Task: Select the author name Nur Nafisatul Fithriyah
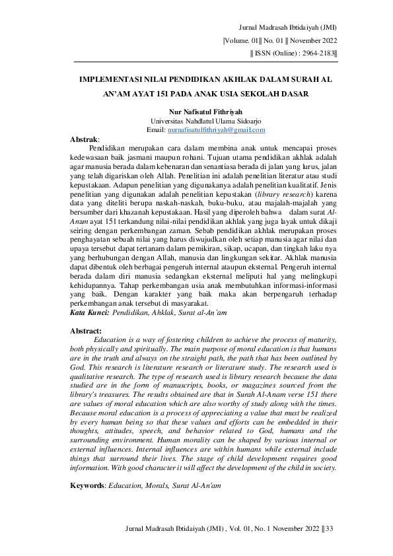click(x=196, y=114)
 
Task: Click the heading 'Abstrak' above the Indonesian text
click(x=84, y=141)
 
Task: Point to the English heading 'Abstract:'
click(x=86, y=330)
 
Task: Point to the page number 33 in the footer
click(x=331, y=528)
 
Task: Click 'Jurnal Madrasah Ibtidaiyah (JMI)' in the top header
click(x=289, y=28)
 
